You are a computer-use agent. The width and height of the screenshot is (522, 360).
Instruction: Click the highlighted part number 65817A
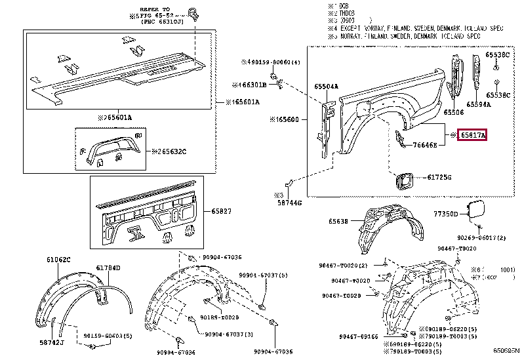(x=472, y=135)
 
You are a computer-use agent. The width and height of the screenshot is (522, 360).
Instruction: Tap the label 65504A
(x=326, y=86)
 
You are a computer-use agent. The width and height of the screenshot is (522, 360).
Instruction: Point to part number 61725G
(x=440, y=177)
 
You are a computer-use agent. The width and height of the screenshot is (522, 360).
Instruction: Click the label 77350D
(x=447, y=214)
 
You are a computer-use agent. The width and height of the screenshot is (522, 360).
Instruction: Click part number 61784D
(x=108, y=268)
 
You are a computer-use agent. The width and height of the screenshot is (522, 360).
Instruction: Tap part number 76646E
(x=426, y=145)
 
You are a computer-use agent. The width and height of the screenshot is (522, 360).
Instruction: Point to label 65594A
(x=479, y=104)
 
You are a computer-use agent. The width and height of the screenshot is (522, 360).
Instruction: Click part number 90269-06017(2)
(x=482, y=237)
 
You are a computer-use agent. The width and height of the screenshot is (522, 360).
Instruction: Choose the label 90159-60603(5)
(x=109, y=336)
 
